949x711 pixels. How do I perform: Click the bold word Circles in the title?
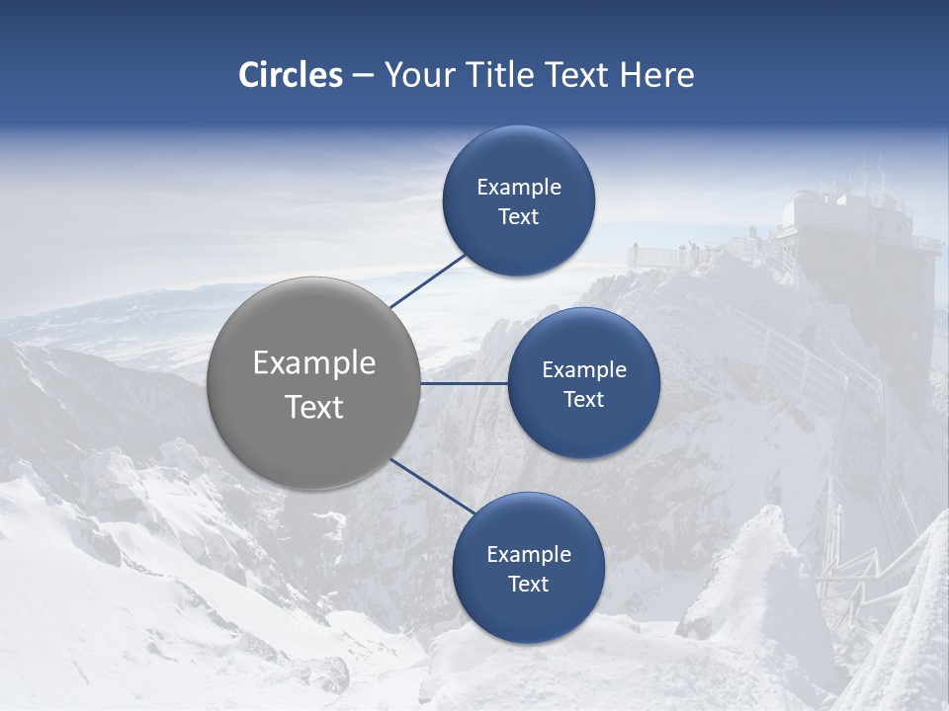pyautogui.click(x=291, y=75)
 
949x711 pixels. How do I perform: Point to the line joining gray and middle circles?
pyautogui.click(x=465, y=383)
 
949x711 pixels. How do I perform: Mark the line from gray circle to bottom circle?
pyautogui.click(x=433, y=486)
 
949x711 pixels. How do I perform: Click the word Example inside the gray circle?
pyautogui.click(x=314, y=363)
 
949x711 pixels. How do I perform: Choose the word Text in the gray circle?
pyautogui.click(x=314, y=407)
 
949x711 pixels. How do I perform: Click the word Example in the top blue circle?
pyautogui.click(x=519, y=188)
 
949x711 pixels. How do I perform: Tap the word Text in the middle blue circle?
pyautogui.click(x=583, y=400)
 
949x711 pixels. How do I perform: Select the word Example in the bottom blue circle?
pyautogui.click(x=529, y=555)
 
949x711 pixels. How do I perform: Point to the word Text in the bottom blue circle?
pyautogui.click(x=528, y=585)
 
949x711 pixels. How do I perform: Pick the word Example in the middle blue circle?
pyautogui.click(x=584, y=370)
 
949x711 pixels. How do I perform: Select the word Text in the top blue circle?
pyautogui.click(x=519, y=217)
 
